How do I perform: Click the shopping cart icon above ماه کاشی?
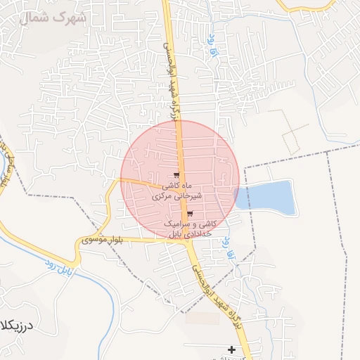tap(176, 176)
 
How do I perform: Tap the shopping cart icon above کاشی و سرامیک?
tap(190, 214)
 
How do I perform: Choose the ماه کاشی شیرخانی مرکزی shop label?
tap(176, 192)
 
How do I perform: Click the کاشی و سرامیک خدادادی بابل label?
tap(190, 228)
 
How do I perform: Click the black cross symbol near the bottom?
tap(231, 349)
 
